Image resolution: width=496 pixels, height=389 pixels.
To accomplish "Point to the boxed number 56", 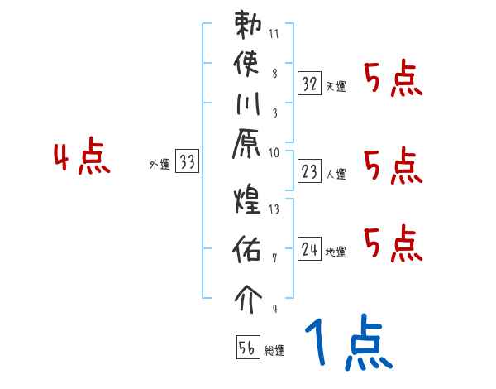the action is [x=247, y=348].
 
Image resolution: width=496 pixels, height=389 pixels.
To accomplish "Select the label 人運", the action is [x=336, y=174].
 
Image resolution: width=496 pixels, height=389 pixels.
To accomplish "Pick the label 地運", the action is [x=336, y=252].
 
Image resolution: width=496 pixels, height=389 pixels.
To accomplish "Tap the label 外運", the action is [x=160, y=165].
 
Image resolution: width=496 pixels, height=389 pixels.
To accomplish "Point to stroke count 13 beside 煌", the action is [x=275, y=209].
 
